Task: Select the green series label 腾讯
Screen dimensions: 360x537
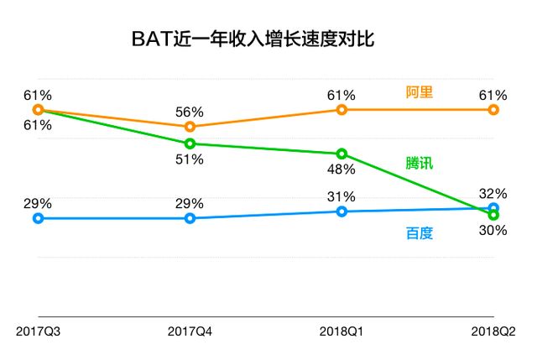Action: [418, 163]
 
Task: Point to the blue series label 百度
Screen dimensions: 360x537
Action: [418, 232]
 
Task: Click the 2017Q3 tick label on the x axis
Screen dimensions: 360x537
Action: [39, 331]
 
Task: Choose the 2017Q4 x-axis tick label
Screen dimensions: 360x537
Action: [190, 331]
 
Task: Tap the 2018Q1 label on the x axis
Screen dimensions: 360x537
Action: [341, 331]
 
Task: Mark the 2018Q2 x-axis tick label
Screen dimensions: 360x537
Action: [493, 331]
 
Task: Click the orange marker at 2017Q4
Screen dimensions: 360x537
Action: [190, 127]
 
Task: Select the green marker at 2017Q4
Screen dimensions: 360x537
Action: [190, 143]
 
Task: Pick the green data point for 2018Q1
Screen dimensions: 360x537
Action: [341, 154]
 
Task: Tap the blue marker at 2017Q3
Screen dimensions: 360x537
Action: [38, 218]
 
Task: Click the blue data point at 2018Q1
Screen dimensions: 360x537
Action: [341, 211]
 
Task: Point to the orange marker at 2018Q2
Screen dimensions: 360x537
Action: [493, 110]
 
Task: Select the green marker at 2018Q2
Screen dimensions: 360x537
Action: [493, 215]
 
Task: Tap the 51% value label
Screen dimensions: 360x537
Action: [190, 160]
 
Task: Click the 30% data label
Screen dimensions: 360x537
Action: [493, 229]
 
